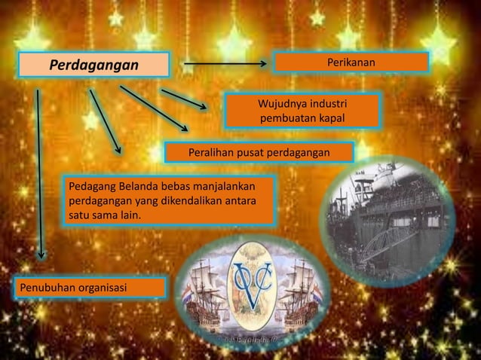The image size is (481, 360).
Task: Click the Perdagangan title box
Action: coord(94,66)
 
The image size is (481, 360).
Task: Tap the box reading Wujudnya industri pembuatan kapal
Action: coord(303,110)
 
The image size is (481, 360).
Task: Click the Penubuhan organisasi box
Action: coord(88,288)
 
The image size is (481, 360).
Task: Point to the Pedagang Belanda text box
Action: coord(170,200)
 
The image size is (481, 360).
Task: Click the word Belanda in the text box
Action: coord(133,186)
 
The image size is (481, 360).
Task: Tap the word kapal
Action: coord(332,119)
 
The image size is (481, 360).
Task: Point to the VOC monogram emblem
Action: coord(253,284)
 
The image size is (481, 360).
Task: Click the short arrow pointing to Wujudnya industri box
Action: coord(183,99)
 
